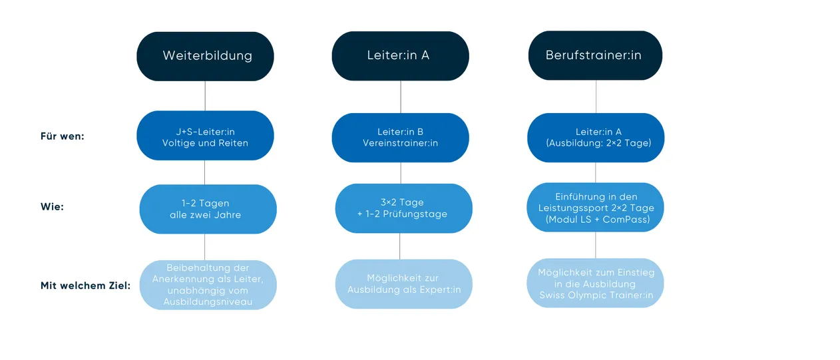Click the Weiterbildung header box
click(205, 56)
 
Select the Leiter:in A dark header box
click(400, 55)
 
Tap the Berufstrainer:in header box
click(595, 55)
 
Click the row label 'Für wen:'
click(63, 137)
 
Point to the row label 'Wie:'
click(52, 206)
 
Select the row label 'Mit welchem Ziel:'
click(85, 286)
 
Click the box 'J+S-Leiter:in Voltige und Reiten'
click(205, 137)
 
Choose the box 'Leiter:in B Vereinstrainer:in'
click(400, 137)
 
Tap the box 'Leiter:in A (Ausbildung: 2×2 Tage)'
click(595, 137)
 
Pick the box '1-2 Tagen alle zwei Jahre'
click(207, 208)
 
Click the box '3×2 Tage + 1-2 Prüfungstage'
click(403, 208)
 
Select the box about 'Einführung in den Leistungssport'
click(595, 208)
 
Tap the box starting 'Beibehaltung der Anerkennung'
click(207, 285)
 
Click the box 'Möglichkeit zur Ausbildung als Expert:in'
click(403, 283)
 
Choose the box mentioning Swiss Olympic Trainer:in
click(595, 283)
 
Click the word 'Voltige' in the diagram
click(180, 143)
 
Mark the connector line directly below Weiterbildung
click(205, 96)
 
